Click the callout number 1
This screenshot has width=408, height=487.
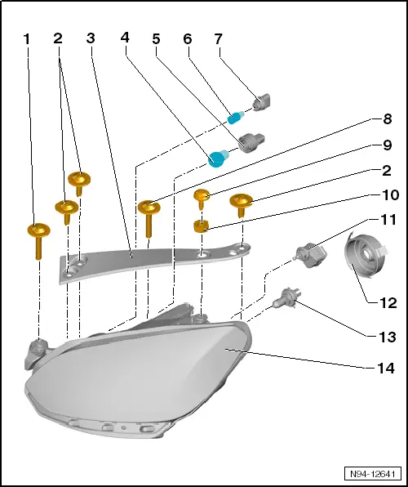(27, 39)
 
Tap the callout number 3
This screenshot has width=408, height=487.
(91, 38)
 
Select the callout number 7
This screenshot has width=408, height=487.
(219, 39)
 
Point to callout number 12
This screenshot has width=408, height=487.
(388, 303)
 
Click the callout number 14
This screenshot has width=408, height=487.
(386, 368)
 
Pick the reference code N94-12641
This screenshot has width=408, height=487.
(373, 474)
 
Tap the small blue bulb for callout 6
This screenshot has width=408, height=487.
(236, 118)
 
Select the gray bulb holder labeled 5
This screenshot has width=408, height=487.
(251, 143)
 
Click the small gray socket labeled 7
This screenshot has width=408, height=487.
(263, 102)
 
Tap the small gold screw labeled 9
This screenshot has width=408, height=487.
(202, 199)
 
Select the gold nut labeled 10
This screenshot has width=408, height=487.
(201, 226)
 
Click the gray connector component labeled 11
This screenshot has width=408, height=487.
(310, 255)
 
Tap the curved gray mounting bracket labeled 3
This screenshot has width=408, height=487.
(154, 263)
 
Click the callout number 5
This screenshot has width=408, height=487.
(156, 39)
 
